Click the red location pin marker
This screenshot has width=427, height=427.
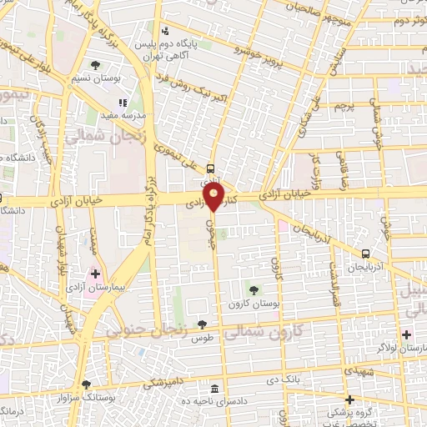(214, 198)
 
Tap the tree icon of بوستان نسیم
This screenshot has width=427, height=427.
(95, 64)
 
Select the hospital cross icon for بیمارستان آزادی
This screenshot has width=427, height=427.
(95, 273)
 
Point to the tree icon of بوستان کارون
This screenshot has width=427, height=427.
(254, 289)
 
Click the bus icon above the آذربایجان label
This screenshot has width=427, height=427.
(365, 254)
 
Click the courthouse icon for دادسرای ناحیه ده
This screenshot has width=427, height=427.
(215, 389)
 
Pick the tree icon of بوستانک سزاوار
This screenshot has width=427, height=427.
(85, 384)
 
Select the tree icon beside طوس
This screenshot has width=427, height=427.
(201, 324)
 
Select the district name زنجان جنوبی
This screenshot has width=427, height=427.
(145, 330)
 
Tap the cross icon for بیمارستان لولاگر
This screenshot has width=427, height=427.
(406, 334)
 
